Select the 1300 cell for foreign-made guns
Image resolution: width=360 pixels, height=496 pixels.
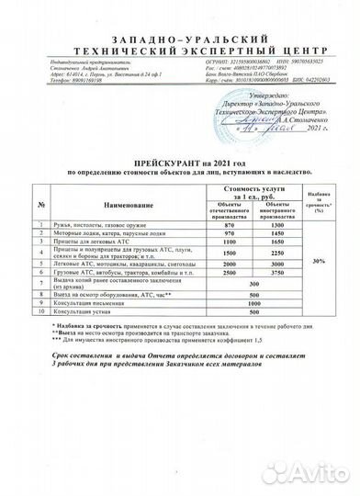point(271,225)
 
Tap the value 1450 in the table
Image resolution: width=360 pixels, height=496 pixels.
point(271,234)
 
